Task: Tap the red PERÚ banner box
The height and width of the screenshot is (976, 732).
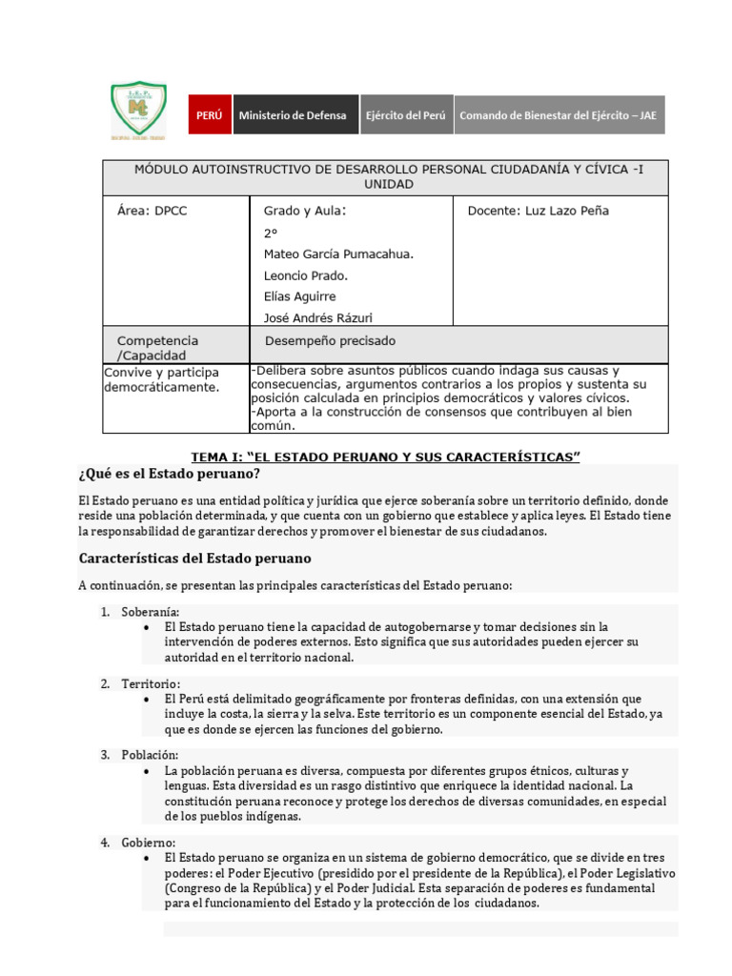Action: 209,115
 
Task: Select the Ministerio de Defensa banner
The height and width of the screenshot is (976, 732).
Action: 295,115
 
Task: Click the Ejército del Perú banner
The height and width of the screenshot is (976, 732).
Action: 406,115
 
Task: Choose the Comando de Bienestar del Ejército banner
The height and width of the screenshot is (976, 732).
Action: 559,115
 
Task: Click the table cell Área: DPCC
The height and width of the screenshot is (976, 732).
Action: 152,212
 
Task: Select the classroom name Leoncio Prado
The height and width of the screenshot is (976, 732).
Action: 306,275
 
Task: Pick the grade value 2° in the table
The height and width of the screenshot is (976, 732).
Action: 271,233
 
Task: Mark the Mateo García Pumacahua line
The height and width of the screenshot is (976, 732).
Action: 338,254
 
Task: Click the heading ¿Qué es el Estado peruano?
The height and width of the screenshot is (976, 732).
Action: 170,474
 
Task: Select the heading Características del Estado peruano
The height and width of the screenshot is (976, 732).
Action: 194,558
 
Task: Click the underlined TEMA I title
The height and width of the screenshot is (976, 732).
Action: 386,457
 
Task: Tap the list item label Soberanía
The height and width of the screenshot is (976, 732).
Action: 151,612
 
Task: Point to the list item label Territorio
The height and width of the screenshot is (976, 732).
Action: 151,683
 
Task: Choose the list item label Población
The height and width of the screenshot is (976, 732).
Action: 150,755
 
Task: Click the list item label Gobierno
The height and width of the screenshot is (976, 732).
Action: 149,844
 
